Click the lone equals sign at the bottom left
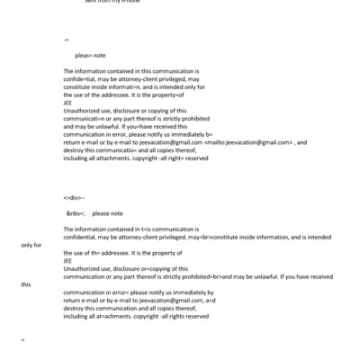coord(22,340)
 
